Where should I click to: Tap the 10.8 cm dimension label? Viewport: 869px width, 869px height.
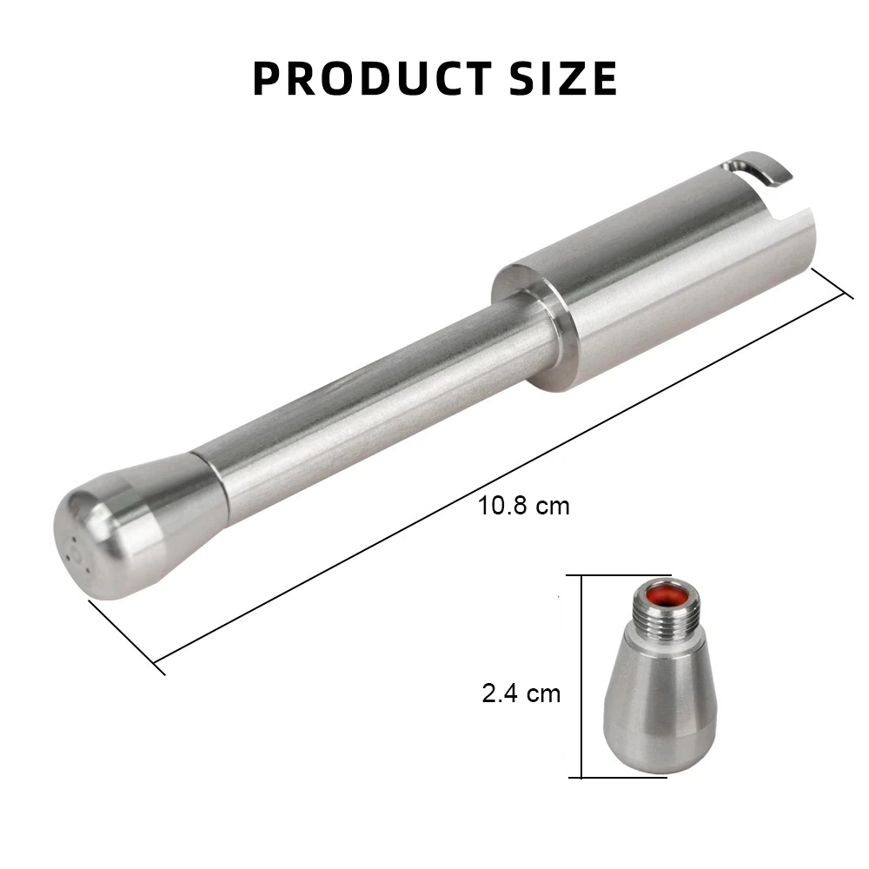tap(523, 506)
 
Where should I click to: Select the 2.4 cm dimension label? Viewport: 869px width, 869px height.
tap(521, 693)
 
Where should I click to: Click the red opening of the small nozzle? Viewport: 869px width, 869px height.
tap(665, 596)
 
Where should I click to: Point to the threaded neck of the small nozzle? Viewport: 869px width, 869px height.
tap(665, 615)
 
